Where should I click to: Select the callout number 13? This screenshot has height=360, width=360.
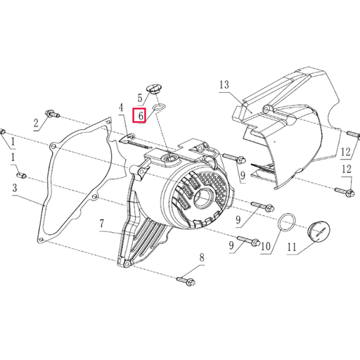point(224,85)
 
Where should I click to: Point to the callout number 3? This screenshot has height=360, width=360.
point(13,188)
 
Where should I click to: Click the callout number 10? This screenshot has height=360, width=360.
point(265,246)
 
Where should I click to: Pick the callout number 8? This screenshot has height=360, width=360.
point(201,258)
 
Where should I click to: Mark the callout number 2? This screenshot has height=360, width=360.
point(36,124)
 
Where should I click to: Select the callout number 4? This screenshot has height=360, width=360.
point(121,107)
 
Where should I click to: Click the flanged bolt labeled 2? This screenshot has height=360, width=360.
point(53,112)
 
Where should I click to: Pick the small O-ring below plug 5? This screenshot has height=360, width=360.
point(159,107)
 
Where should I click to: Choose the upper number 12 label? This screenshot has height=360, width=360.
point(345,152)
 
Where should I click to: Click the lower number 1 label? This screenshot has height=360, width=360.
point(12,160)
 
